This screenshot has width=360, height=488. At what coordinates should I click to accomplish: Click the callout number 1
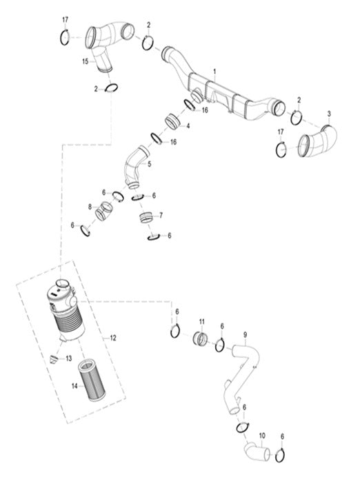[214, 72]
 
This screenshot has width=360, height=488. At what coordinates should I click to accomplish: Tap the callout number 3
[329, 113]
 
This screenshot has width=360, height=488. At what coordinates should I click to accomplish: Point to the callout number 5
[149, 165]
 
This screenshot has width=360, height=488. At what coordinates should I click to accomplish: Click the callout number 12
[113, 338]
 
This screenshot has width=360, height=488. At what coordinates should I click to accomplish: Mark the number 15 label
[86, 61]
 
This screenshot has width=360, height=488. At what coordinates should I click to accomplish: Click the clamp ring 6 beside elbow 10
[281, 456]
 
